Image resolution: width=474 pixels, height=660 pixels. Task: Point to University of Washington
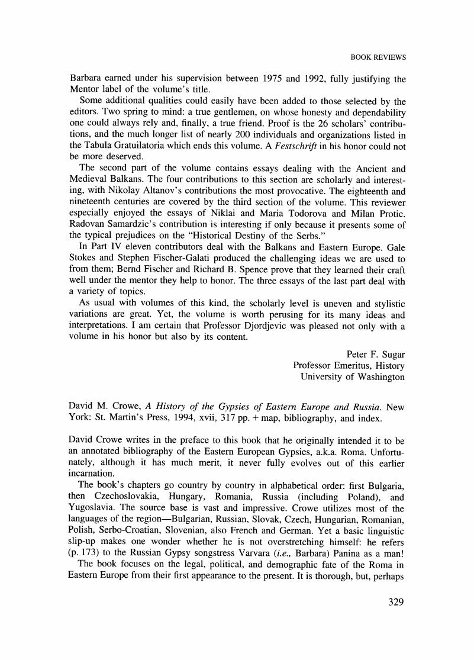click(x=353, y=376)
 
